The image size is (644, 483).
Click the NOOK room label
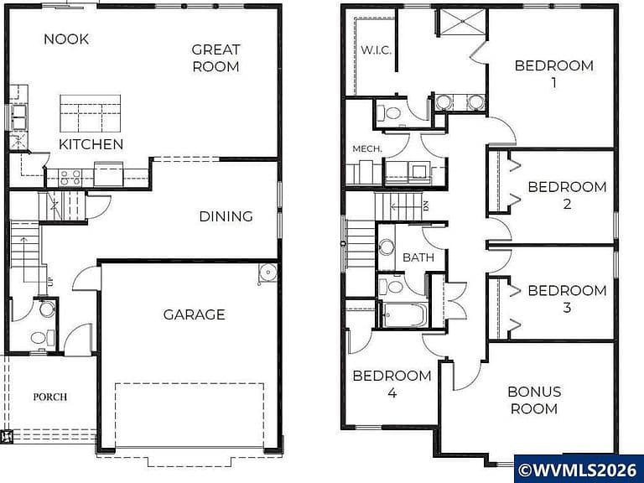point(66,39)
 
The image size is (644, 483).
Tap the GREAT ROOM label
point(216,59)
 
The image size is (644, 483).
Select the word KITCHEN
point(91,144)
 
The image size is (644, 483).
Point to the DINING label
point(226,216)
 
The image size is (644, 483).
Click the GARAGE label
point(195,314)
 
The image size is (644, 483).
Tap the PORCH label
point(50,397)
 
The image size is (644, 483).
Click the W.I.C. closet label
point(377,50)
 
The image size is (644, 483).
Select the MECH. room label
point(367,148)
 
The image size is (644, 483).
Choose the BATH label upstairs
point(418,257)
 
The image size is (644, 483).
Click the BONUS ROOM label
point(534,400)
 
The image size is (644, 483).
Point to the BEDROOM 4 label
point(392,384)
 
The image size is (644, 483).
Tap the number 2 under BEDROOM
point(567,204)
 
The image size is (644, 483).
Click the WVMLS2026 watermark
point(578,470)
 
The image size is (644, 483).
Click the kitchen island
point(91,113)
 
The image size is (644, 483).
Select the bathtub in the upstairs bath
point(405,315)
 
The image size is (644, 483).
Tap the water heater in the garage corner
point(267,273)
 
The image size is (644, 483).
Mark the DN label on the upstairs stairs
point(426,205)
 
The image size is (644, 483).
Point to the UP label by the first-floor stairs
point(50,282)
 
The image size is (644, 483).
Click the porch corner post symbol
point(8,436)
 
